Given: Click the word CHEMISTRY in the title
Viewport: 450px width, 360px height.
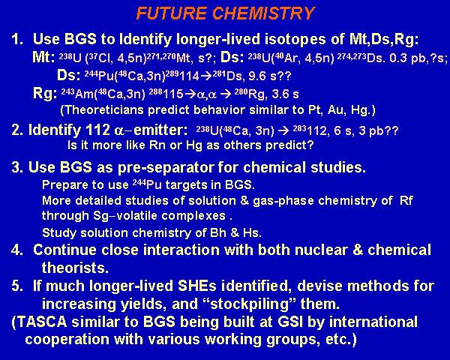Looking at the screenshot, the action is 263,13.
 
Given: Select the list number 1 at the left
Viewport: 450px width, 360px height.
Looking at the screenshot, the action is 17,39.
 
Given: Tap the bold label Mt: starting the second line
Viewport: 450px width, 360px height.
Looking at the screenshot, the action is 43,58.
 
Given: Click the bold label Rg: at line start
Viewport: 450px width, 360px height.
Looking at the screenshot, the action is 45,94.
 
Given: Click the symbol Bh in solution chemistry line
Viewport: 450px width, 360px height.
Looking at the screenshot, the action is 217,232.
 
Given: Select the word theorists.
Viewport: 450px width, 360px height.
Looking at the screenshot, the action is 75,268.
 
